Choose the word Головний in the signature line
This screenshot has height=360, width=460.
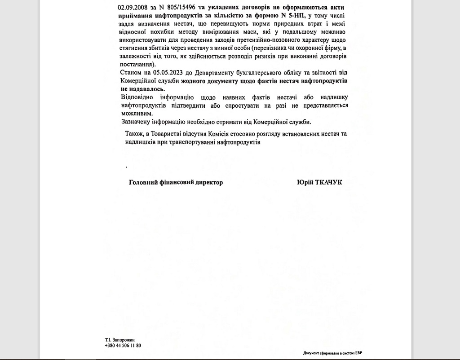tap(143, 182)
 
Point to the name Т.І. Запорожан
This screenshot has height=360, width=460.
tap(120, 340)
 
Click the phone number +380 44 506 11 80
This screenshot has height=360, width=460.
tap(123, 346)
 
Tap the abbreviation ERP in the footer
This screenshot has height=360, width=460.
tap(358, 353)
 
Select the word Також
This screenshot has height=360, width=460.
tap(134, 134)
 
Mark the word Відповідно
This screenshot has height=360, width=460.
tap(137, 97)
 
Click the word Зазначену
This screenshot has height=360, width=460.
tap(137, 122)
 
